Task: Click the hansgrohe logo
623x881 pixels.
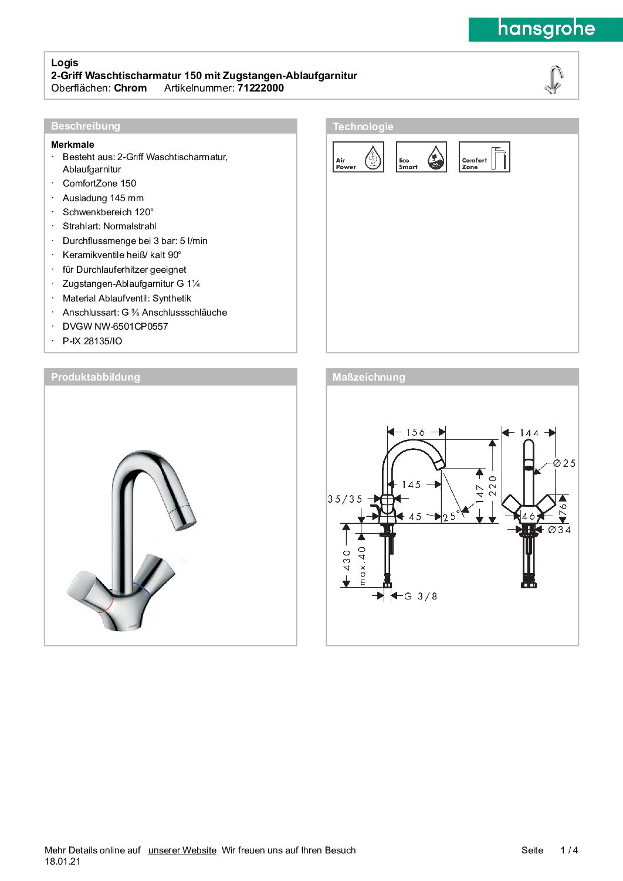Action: (x=546, y=29)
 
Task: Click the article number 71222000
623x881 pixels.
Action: (x=260, y=88)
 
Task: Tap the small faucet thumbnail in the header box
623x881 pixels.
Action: (x=553, y=79)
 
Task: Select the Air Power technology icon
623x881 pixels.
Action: (x=358, y=157)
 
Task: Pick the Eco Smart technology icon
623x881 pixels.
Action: (x=421, y=157)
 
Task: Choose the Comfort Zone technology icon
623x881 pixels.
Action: (x=484, y=157)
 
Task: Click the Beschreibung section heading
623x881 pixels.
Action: (x=86, y=126)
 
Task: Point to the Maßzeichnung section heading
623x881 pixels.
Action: (x=368, y=377)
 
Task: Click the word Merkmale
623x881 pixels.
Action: (x=73, y=144)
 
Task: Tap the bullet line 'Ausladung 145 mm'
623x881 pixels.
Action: (x=103, y=198)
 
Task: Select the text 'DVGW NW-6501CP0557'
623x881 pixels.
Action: (x=116, y=327)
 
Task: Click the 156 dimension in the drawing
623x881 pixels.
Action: (x=415, y=433)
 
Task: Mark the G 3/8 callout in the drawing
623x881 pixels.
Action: (x=421, y=597)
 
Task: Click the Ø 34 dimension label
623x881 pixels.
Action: (x=559, y=530)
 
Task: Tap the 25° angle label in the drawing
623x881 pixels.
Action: (x=451, y=517)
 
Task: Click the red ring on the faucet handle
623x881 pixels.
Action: (x=105, y=608)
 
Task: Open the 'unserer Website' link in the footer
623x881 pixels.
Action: (x=182, y=850)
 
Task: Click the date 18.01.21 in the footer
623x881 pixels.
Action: (x=62, y=862)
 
